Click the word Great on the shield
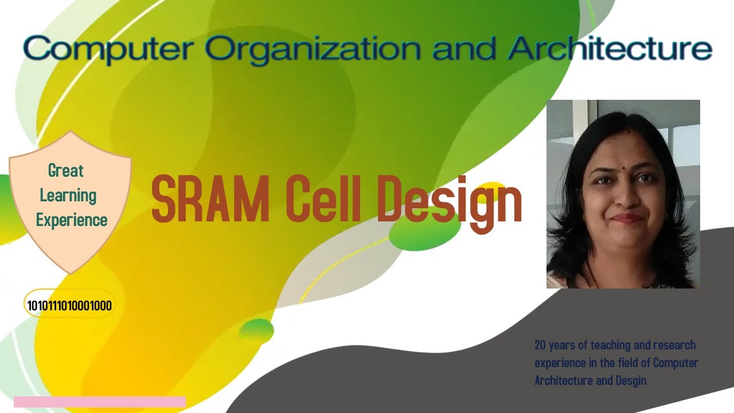(x=66, y=170)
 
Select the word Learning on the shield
(x=68, y=195)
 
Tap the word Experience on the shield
(x=72, y=220)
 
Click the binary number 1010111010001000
(x=69, y=305)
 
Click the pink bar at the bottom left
(x=100, y=402)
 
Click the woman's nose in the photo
(x=626, y=198)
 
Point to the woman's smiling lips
(x=627, y=218)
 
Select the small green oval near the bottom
(x=256, y=330)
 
